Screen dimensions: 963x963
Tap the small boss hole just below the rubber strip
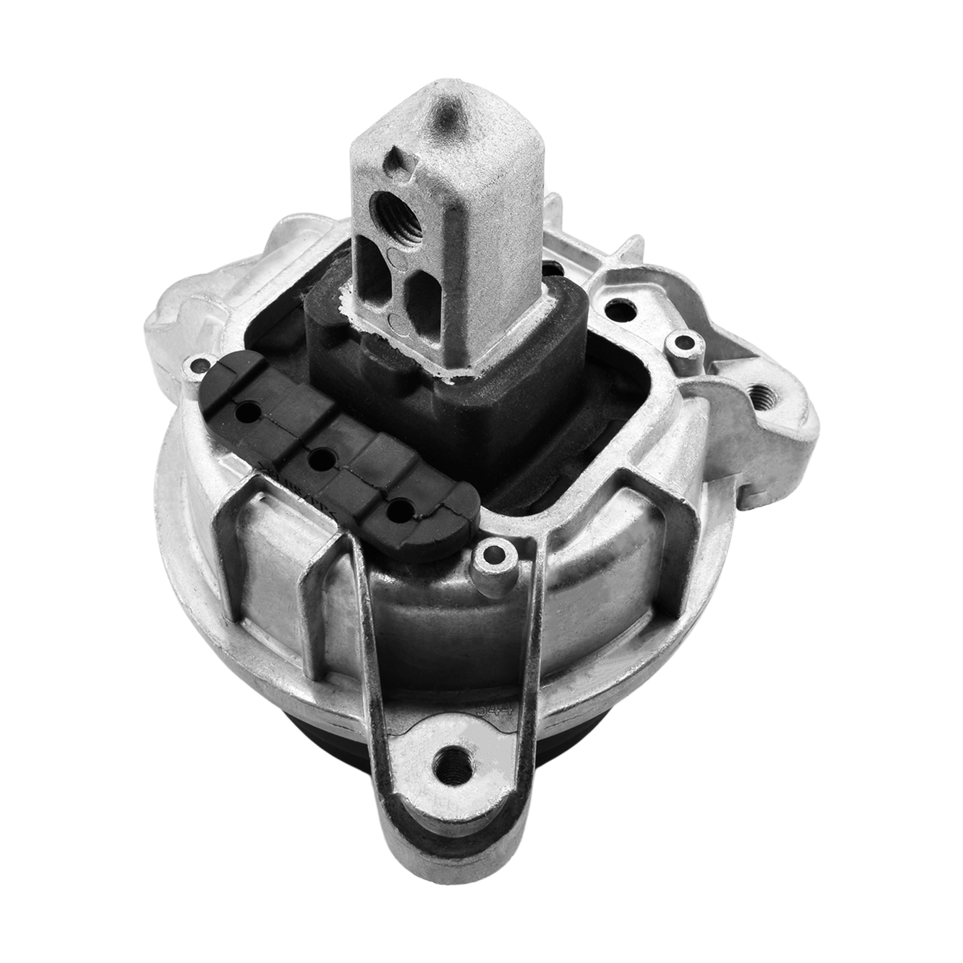coord(493,552)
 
